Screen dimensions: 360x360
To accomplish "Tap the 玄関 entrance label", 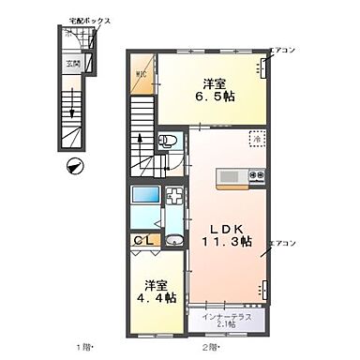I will [72, 64].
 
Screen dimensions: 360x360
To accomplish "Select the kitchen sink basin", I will [230, 176].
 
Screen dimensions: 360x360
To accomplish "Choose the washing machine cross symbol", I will [173, 200].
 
